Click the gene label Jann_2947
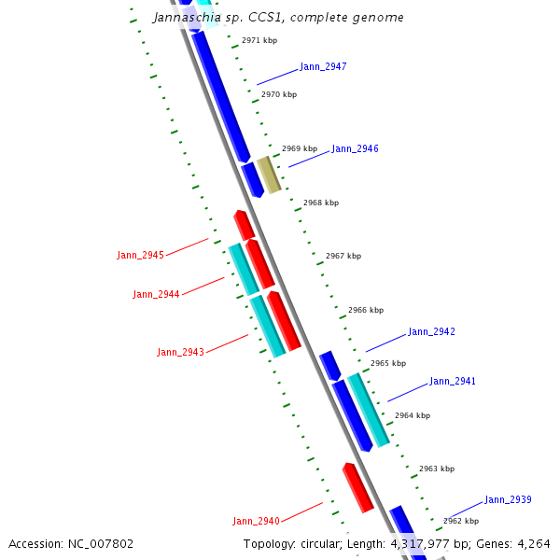323,67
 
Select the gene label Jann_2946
355,149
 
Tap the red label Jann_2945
140,256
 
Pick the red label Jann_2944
156,295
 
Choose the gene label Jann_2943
180,353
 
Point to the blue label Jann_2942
431,332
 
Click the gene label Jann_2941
453,382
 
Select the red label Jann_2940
256,521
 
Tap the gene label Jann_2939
508,500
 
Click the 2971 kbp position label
259,41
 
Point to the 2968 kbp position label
321,203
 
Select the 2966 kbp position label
366,310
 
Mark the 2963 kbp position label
437,469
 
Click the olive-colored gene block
269,175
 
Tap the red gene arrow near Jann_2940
357,487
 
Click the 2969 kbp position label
300,149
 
